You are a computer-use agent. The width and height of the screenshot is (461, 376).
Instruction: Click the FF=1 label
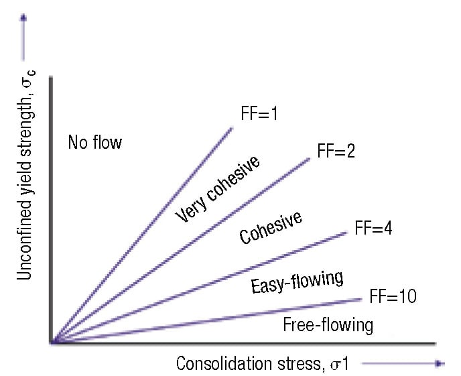pyautogui.click(x=259, y=113)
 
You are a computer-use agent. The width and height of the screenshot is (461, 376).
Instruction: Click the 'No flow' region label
pyautogui.click(x=95, y=142)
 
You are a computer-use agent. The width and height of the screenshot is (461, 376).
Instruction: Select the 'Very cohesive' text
pyautogui.click(x=217, y=190)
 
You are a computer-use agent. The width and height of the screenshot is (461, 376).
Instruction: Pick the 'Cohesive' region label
pyautogui.click(x=271, y=228)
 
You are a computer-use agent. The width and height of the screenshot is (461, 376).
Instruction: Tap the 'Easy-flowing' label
pyautogui.click(x=297, y=281)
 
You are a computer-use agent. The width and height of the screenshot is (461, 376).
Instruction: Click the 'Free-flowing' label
pyautogui.click(x=328, y=326)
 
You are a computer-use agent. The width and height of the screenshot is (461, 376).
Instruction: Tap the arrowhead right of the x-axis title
pyautogui.click(x=440, y=363)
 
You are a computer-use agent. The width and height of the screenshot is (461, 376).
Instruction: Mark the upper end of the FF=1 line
pyautogui.click(x=232, y=127)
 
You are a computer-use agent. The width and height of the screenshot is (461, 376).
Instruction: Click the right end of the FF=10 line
pyautogui.click(x=361, y=300)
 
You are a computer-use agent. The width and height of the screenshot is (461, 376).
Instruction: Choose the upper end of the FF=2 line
pyautogui.click(x=310, y=158)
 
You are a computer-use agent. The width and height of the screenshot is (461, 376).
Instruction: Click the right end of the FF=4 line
pyautogui.click(x=347, y=232)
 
